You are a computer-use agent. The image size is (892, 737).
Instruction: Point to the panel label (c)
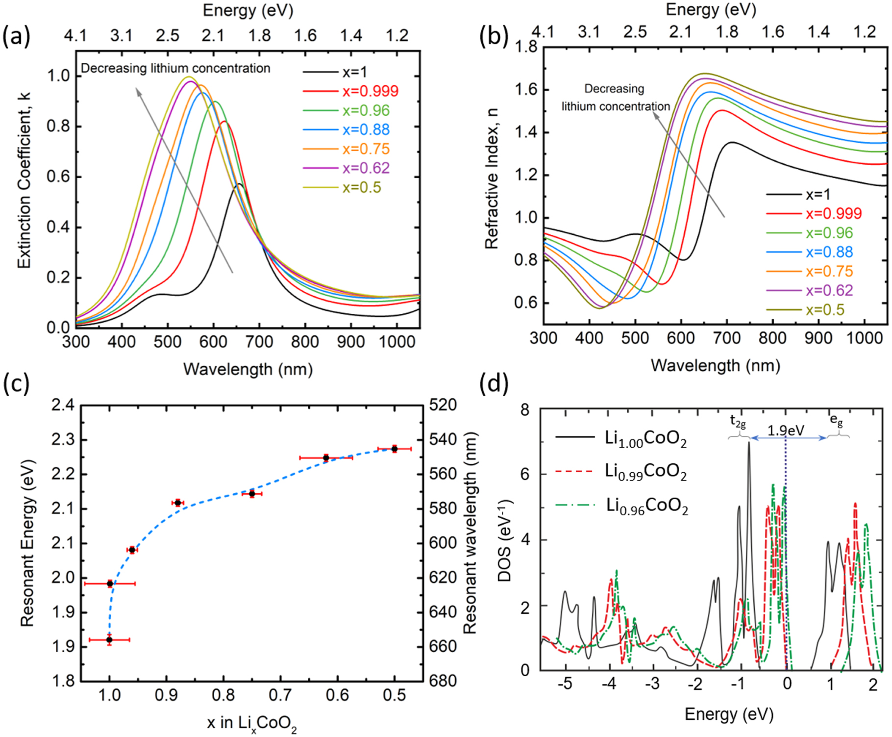click(16, 383)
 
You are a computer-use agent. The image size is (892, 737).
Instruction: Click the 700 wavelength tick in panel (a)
click(259, 342)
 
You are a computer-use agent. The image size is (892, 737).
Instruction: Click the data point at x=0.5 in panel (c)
click(395, 449)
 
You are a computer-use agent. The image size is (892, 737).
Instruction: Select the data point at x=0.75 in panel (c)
click(252, 493)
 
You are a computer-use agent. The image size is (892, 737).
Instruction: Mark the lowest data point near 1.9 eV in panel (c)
click(109, 639)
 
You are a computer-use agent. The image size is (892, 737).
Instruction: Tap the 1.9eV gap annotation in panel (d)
click(786, 430)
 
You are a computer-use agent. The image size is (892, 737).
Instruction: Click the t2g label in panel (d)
click(738, 421)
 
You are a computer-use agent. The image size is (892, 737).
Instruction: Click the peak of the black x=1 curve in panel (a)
click(239, 184)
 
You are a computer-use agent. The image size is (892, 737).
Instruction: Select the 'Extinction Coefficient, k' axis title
click(24, 180)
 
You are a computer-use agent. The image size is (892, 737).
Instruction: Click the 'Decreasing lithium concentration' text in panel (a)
click(175, 68)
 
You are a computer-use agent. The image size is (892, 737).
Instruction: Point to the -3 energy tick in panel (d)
click(652, 684)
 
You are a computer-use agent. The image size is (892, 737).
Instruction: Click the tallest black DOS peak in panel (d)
click(748, 443)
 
